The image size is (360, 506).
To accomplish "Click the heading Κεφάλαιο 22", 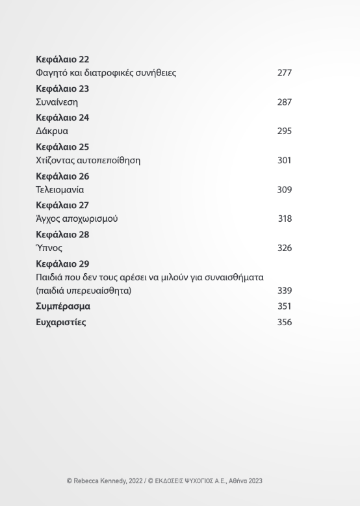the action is tap(62, 59).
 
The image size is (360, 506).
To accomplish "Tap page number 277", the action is tap(284, 73).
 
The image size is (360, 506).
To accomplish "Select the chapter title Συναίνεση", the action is tap(57, 102).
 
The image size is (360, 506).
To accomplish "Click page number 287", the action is tap(284, 102).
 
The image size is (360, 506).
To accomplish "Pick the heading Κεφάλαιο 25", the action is tap(62, 147).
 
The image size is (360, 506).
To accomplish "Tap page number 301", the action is tap(284, 161).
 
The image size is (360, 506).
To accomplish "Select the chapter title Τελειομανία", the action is tap(60, 190).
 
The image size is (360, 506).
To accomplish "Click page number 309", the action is tap(284, 190).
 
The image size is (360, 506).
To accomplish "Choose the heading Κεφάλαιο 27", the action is tap(62, 206).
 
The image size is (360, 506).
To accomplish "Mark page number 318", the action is tap(285, 219).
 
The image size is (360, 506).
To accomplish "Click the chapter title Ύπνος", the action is tap(49, 248).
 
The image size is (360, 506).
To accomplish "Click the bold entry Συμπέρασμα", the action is tap(63, 306).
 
